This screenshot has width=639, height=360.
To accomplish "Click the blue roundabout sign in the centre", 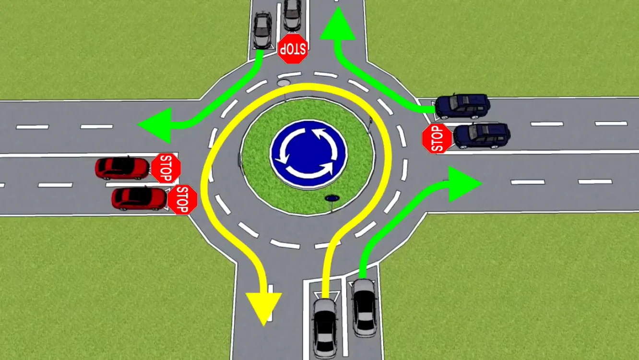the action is pos(308,154).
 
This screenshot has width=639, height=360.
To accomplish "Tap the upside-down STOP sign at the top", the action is pos(293,48).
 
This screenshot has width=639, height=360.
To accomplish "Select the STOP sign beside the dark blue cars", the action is pos(437,139).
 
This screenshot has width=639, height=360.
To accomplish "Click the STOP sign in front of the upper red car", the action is pos(166,168).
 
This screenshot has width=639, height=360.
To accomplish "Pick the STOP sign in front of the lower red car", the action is pos(183,200).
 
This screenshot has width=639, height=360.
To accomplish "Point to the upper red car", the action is pos(122,168).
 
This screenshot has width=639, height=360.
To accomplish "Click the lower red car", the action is pos(139,199).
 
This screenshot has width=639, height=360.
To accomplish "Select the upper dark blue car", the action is pos(462,106).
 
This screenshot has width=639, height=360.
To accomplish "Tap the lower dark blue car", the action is pos(482,136).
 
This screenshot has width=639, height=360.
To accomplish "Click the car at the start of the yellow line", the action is pos(325,328).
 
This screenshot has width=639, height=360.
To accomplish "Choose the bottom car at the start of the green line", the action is pos(364,308).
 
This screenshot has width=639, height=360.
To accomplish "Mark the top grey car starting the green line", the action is pos(262,30).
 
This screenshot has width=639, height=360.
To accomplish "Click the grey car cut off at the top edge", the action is pos(293,15).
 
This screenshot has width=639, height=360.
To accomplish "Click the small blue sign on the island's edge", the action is pos(332,198).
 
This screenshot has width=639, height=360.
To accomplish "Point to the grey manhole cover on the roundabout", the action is pos(284,83).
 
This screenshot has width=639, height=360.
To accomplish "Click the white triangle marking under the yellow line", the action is pos(327,296).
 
